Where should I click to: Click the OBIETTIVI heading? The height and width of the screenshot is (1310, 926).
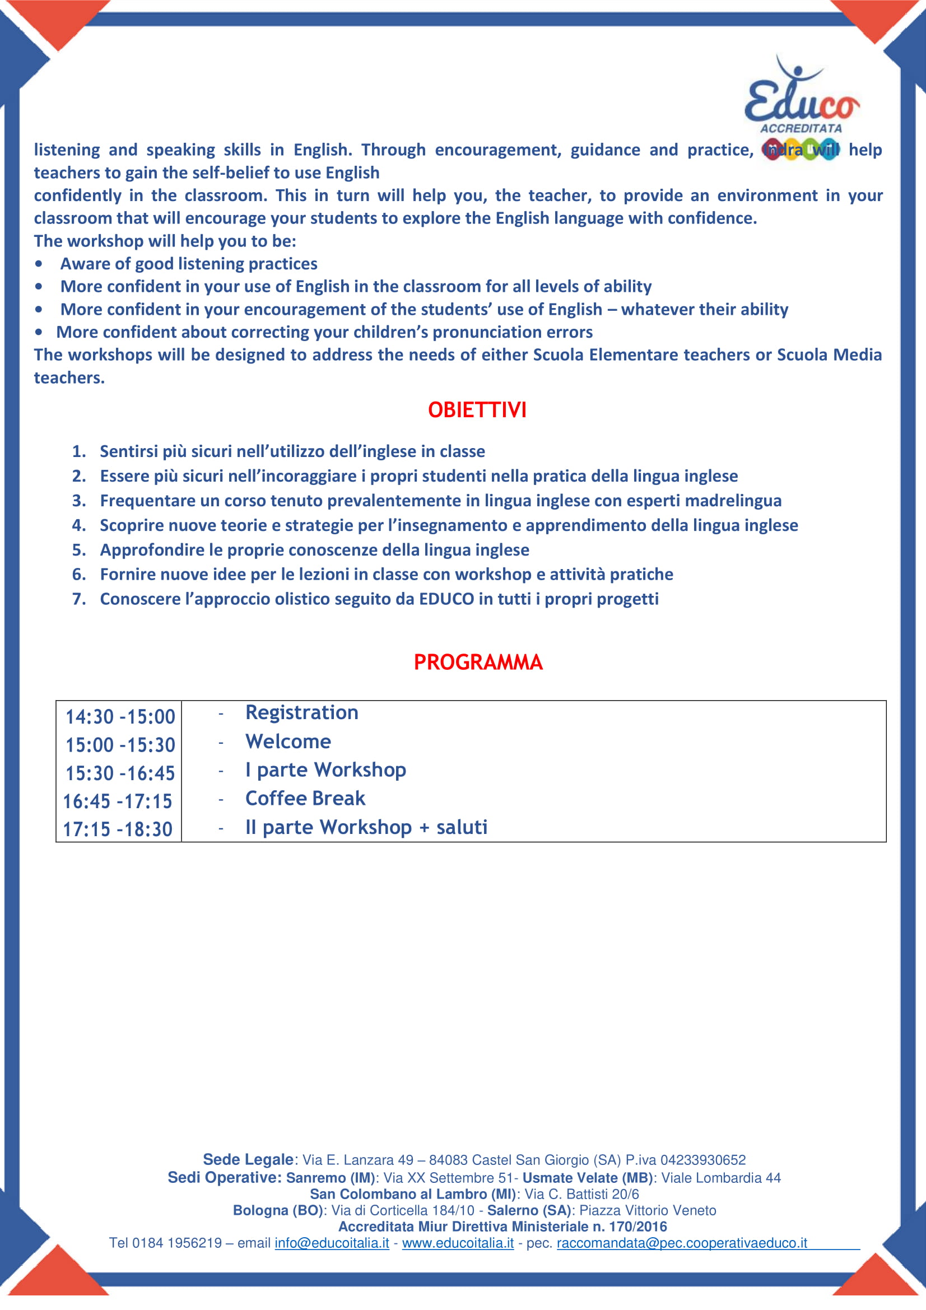point(477,409)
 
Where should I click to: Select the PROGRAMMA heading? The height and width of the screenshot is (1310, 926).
point(477,662)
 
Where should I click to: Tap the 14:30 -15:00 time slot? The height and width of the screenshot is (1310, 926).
point(120,717)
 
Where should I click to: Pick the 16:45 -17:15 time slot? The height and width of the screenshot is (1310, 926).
point(118,801)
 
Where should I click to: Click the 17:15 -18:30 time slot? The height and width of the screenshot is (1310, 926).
point(118,829)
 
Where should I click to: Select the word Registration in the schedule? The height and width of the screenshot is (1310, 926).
point(302,712)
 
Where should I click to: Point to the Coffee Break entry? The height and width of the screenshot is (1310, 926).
point(305,798)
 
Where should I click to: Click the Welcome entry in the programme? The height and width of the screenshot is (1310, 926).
point(288,741)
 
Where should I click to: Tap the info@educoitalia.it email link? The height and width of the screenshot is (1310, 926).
point(332,1243)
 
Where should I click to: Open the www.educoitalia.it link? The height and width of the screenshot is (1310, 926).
point(458,1243)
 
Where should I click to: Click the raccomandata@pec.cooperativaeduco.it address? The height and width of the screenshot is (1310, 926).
point(682,1243)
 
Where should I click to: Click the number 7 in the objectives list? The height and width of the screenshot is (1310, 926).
point(78,599)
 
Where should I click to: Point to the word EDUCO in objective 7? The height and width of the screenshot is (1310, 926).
point(446,599)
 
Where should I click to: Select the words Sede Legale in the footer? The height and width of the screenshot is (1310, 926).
point(248,1160)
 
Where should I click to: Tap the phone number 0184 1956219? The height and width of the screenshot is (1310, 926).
point(177,1243)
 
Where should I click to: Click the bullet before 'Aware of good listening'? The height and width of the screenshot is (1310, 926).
point(38,264)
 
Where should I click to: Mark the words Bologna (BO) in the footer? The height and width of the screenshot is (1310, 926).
point(278,1210)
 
